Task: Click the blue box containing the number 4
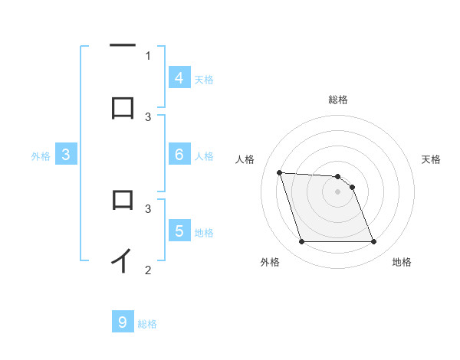click(x=179, y=78)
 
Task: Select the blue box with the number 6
click(x=179, y=155)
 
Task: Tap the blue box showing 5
click(x=179, y=231)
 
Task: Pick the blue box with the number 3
click(x=66, y=155)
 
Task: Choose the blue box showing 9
click(x=123, y=322)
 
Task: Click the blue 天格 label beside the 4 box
click(x=204, y=80)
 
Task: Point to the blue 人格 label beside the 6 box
click(x=204, y=156)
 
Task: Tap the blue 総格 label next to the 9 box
click(x=147, y=324)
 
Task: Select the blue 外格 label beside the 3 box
click(x=41, y=156)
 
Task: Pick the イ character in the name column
click(x=122, y=260)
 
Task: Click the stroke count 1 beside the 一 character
click(x=148, y=55)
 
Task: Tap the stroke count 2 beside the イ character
click(x=148, y=270)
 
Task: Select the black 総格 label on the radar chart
click(x=338, y=100)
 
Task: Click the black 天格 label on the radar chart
click(x=432, y=159)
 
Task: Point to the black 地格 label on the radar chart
click(x=402, y=262)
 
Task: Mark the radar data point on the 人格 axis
click(x=279, y=172)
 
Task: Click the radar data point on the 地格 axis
click(x=374, y=242)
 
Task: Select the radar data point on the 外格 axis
click(x=301, y=242)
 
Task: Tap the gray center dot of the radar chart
click(x=338, y=192)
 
